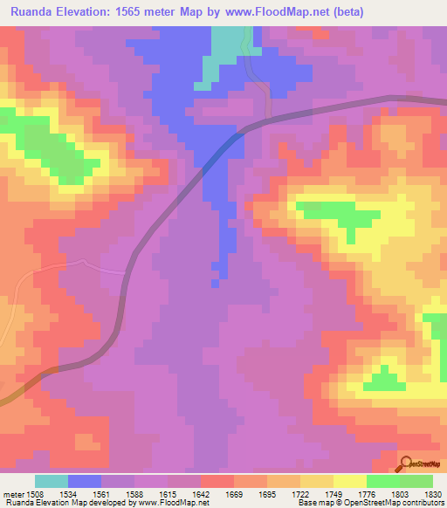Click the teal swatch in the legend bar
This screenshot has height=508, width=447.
pos(51,481)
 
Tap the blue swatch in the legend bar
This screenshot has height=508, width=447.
pos(85,481)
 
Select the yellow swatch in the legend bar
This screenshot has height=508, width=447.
pos(349,481)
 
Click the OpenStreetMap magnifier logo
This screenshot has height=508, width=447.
pos(405,463)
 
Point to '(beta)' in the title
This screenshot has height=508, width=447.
pos(345,11)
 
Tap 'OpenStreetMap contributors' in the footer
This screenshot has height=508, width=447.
pos(393,503)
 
